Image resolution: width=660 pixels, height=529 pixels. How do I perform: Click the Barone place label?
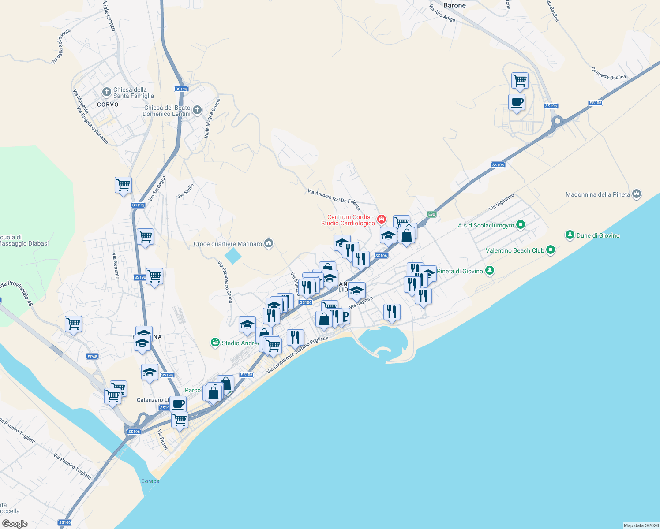[x=454, y=6]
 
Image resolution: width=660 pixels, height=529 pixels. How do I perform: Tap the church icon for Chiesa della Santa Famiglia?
[x=106, y=92]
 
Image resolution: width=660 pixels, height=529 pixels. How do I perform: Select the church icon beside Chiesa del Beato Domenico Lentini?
[x=197, y=110]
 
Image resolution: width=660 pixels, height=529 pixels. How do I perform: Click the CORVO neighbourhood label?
[x=108, y=104]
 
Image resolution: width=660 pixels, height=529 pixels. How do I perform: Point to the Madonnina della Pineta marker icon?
[x=636, y=194]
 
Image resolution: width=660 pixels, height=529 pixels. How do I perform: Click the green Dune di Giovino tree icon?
[x=570, y=235]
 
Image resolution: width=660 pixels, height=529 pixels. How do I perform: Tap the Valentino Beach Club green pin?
[x=550, y=250]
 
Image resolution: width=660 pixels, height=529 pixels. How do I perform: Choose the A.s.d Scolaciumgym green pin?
[x=521, y=225]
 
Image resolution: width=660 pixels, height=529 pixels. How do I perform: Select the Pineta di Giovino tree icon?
[x=489, y=271]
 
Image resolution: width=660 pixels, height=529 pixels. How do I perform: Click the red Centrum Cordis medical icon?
[x=381, y=220]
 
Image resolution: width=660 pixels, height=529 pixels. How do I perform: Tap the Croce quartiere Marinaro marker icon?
[x=268, y=243]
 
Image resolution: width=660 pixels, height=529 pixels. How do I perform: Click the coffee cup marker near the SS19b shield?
[x=517, y=102]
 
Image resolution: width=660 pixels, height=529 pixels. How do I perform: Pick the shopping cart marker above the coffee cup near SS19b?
[x=520, y=81]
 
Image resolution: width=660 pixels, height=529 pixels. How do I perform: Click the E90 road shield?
[x=431, y=215]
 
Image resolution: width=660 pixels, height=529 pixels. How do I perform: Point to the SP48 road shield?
[x=92, y=357]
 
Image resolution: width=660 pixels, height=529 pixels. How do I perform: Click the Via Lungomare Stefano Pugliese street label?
[x=297, y=355]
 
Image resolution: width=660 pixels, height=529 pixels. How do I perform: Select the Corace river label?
[x=150, y=481]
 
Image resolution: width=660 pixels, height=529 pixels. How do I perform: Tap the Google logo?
[x=15, y=523]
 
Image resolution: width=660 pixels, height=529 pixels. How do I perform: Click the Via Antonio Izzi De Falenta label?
[x=334, y=199]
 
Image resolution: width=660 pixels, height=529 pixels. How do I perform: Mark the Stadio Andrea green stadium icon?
[x=215, y=343]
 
